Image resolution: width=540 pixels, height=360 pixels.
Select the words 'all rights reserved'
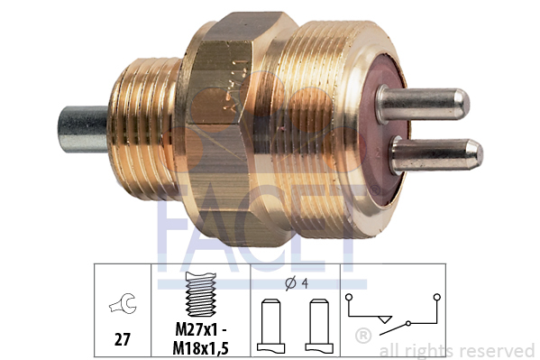coord(457,350)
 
